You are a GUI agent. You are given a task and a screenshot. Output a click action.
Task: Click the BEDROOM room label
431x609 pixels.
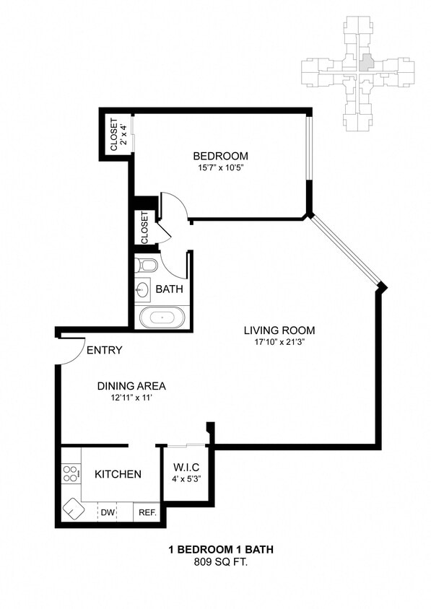coord(220,156)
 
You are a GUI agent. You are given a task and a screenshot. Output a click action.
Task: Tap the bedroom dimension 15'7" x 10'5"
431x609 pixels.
coord(220,168)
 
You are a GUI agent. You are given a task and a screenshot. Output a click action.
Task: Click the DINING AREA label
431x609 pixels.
coord(131,385)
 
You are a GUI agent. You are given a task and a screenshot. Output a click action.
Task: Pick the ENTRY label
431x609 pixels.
coord(104,351)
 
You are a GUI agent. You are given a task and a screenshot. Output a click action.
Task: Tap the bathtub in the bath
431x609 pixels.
coord(162,316)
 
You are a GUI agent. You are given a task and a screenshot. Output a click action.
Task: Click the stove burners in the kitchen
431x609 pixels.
coord(71,474)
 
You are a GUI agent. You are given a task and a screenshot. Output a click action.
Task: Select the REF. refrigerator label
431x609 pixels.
coord(147,512)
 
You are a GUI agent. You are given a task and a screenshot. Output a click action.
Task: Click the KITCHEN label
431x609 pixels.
coord(118,474)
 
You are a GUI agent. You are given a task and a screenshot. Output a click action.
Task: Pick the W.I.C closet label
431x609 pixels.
coord(185,465)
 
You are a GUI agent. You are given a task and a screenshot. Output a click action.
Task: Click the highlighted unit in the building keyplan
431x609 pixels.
coord(367,63)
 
